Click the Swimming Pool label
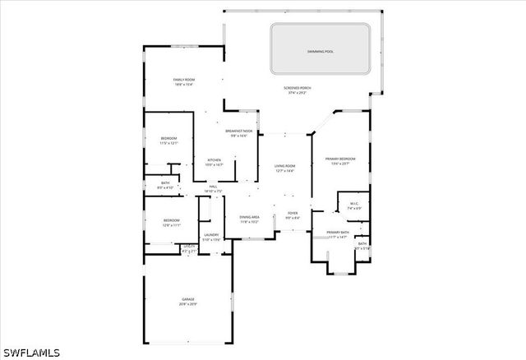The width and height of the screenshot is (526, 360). (x=321, y=51)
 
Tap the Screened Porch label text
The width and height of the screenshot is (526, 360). (x=298, y=88)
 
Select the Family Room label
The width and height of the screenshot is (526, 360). (x=183, y=79)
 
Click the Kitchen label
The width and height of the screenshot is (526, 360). (x=214, y=159)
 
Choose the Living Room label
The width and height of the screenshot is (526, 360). (x=284, y=166)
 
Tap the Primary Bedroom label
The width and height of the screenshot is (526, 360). (x=339, y=159)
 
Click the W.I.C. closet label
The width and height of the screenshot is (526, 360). (x=354, y=204)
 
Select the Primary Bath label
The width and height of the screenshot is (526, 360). (x=338, y=233)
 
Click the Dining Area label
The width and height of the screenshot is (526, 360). (x=250, y=217)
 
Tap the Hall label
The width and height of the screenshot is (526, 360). (x=214, y=187)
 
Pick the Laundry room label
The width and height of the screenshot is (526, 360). (x=211, y=235)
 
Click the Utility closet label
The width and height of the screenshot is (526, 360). (x=188, y=246)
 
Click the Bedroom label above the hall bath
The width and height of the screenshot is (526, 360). (x=168, y=138)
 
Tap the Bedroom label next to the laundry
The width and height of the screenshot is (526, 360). (x=172, y=220)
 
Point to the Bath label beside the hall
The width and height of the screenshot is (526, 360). (x=165, y=182)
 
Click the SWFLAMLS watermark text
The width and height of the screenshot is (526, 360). (x=31, y=353)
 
